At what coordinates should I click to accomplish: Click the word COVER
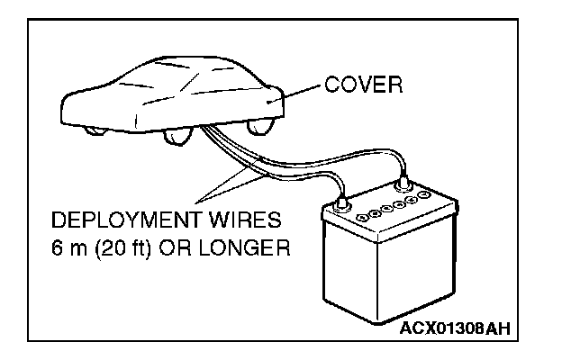(363, 86)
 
